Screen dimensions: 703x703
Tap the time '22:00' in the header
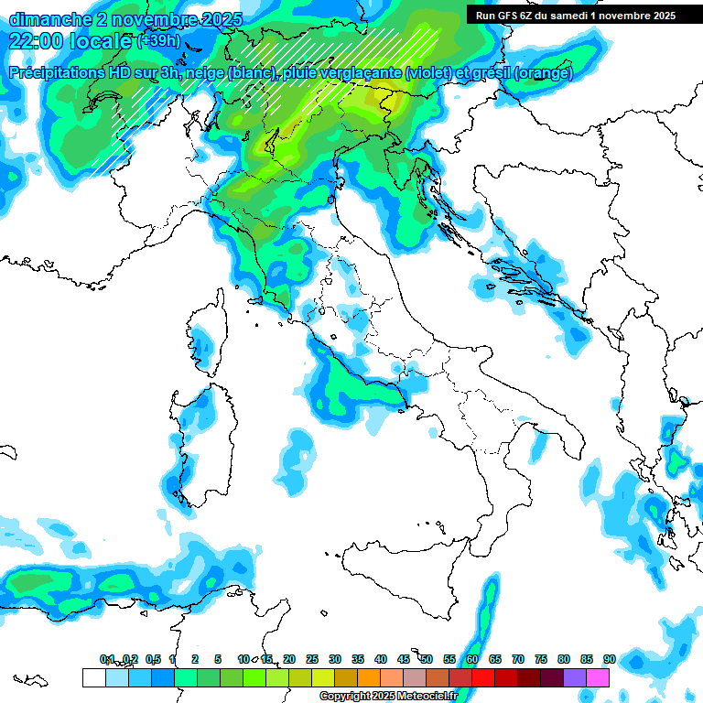[x=38, y=40]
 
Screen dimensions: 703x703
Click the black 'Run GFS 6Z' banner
[x=576, y=16]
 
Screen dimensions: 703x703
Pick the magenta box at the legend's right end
[x=598, y=677]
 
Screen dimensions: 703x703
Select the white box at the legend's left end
[x=93, y=677]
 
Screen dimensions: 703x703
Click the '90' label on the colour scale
[x=609, y=659]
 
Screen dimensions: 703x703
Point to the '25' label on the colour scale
[x=311, y=659]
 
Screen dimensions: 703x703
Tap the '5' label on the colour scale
[x=218, y=659]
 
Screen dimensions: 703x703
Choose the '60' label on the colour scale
[x=471, y=659]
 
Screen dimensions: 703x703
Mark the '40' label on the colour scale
[x=380, y=659]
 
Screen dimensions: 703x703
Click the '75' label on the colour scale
[x=540, y=659]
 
